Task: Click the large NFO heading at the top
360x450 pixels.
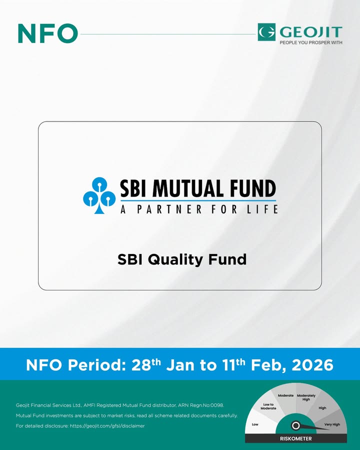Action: [47, 33]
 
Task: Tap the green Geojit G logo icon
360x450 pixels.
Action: [266, 32]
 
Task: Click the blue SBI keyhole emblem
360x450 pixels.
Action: [99, 195]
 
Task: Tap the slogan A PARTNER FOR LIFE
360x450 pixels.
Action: [199, 209]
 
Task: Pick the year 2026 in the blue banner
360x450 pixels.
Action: [312, 365]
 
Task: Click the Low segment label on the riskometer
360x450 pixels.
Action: [255, 424]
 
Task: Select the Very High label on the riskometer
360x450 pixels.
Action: [332, 424]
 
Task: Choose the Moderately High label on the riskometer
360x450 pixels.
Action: [306, 397]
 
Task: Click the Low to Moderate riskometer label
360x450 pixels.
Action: [268, 406]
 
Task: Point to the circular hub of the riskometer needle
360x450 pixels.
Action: [295, 426]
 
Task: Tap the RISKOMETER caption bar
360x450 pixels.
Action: [295, 438]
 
